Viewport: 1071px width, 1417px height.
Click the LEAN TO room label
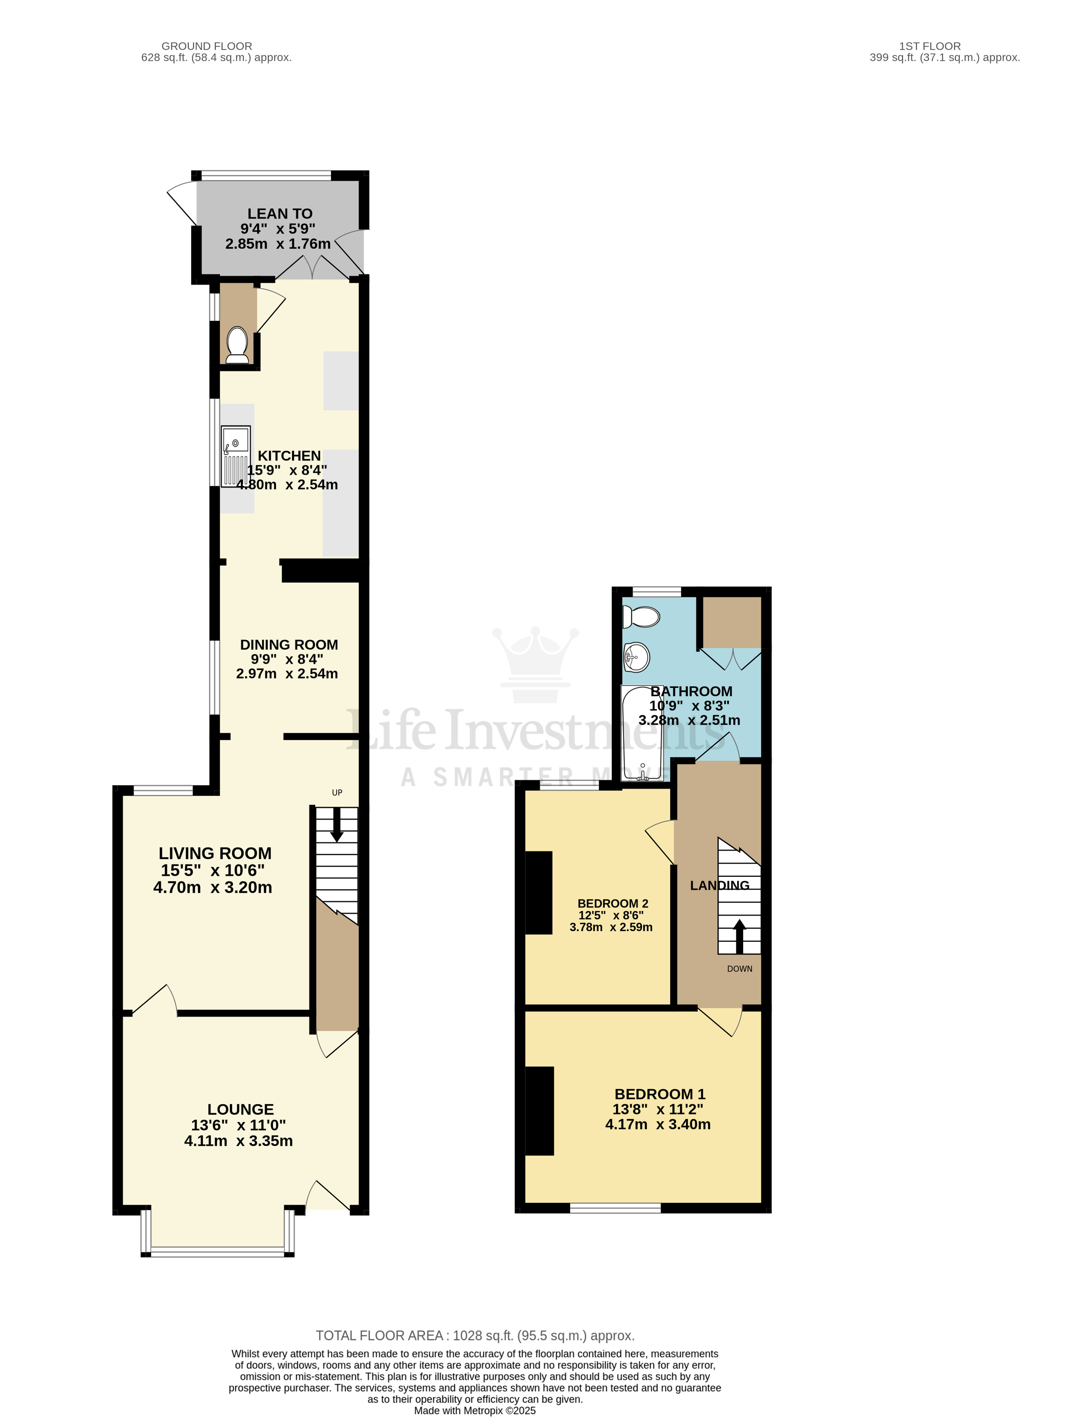point(280,214)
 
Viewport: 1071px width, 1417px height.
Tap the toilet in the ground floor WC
point(237,345)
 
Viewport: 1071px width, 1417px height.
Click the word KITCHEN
point(289,456)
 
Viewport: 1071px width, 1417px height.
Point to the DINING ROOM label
point(289,645)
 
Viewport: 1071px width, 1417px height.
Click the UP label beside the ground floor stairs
point(337,792)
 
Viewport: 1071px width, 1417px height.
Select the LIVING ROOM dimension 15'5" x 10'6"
point(213,870)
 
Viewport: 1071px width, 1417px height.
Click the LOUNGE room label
point(240,1109)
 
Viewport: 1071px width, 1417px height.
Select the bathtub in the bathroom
point(642,734)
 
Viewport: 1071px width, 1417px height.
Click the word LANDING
point(719,885)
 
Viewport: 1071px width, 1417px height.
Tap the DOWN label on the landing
point(739,968)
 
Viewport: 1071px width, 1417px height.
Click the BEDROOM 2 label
point(612,903)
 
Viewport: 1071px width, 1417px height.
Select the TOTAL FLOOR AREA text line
point(475,1336)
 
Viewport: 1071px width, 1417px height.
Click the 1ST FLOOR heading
point(929,46)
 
